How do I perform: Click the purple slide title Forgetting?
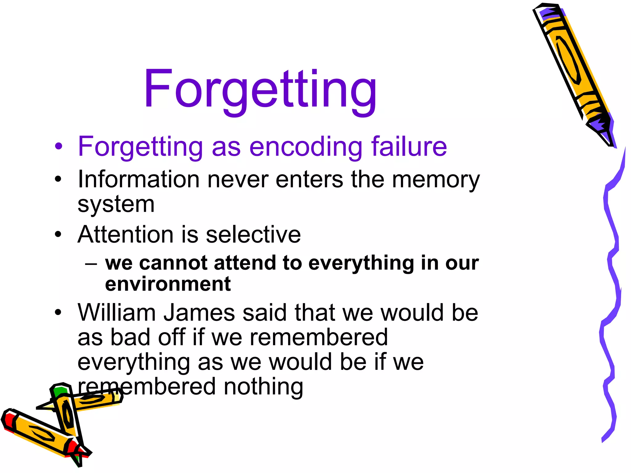tap(260, 89)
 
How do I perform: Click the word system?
tap(116, 204)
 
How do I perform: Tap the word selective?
tap(253, 235)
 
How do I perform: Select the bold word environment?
tap(168, 284)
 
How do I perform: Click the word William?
tap(117, 313)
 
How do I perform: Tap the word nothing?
tap(263, 387)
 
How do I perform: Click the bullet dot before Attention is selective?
tap(58, 235)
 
